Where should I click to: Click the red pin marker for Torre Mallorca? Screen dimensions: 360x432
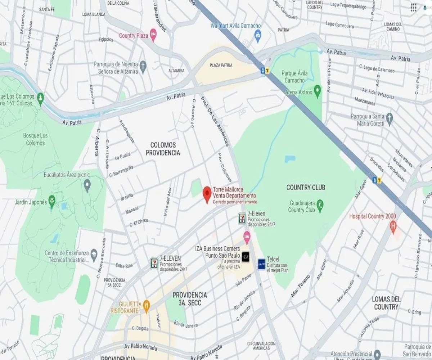(207, 194)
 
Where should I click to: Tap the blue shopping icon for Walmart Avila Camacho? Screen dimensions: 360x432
(257, 35)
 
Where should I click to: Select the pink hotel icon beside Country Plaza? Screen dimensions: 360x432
(153, 35)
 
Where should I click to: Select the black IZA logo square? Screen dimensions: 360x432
(245, 257)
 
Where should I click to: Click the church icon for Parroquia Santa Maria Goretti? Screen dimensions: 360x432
(389, 118)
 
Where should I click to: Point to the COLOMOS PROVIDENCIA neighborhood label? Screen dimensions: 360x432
(163, 149)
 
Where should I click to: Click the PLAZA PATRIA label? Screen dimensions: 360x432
(221, 65)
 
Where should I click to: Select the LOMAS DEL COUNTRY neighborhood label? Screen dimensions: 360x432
(386, 303)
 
